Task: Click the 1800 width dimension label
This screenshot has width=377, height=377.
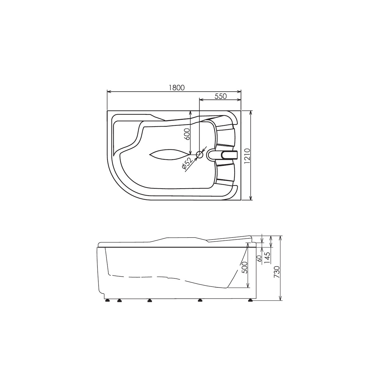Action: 177,88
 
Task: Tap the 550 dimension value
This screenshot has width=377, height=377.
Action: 221,96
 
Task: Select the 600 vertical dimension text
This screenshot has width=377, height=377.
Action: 187,134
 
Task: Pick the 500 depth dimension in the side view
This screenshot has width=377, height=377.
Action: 244,267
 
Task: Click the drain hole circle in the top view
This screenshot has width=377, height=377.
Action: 200,155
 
